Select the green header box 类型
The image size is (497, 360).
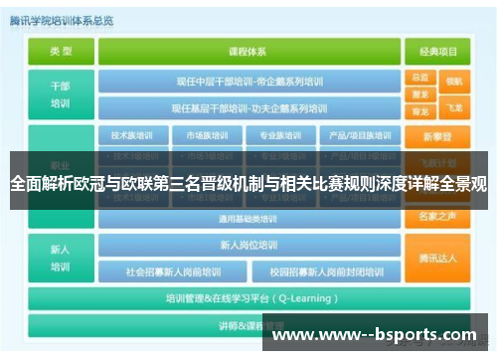(x=61, y=51)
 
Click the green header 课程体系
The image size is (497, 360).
(x=248, y=51)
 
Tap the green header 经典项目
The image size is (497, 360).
(x=437, y=51)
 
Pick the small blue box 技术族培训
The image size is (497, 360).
(x=132, y=135)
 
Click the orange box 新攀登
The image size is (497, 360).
(x=437, y=135)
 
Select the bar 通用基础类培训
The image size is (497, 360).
(x=248, y=219)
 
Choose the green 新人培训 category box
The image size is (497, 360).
(x=61, y=257)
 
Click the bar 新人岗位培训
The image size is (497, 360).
(x=248, y=245)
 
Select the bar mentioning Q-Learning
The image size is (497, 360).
(x=248, y=297)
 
